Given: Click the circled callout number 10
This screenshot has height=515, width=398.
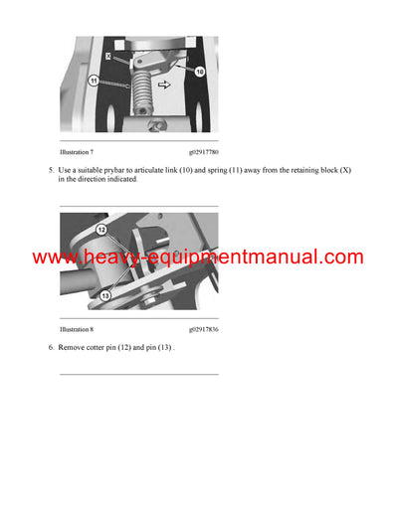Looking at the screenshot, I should tap(198, 73).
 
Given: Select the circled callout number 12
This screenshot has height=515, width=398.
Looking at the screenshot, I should tap(101, 229).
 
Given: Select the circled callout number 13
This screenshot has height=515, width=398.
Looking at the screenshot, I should tap(102, 293).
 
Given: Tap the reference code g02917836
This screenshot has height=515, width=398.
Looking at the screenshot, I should tap(204, 327).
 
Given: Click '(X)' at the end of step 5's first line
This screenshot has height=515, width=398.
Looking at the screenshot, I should tap(344, 170).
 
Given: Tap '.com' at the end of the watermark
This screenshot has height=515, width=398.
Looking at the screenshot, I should tap(340, 257).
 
